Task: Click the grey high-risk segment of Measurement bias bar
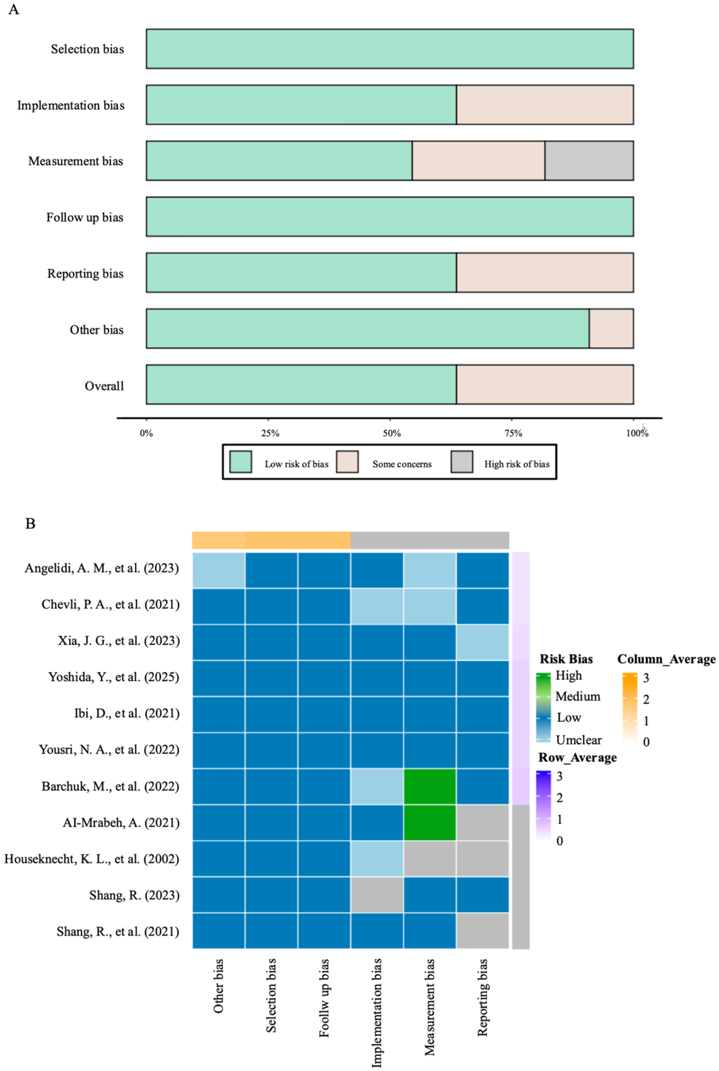(x=589, y=161)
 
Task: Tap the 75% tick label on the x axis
(x=513, y=433)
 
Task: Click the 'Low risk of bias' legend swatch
(x=240, y=461)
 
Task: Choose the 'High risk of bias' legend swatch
(x=462, y=461)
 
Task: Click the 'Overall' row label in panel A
(x=104, y=386)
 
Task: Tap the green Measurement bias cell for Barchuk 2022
(x=430, y=786)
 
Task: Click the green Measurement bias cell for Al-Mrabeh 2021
(x=430, y=822)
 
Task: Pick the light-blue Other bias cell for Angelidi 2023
(x=218, y=570)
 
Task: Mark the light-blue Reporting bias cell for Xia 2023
(x=482, y=642)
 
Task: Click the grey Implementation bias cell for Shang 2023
(x=377, y=895)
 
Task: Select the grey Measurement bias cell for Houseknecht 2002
(x=430, y=859)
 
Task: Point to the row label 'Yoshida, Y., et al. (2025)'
(x=114, y=677)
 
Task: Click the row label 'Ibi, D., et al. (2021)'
(x=127, y=713)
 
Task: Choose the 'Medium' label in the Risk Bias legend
(x=577, y=696)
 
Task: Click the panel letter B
(x=30, y=524)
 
